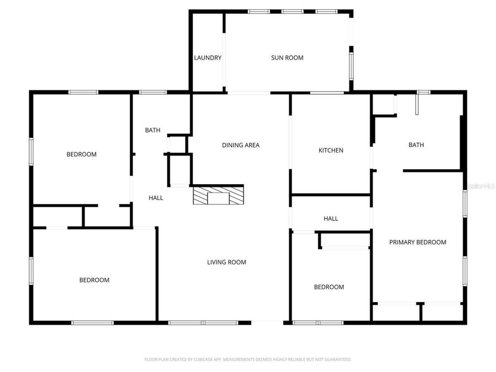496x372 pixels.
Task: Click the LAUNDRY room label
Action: (208, 58)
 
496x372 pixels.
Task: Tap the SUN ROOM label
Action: (287, 58)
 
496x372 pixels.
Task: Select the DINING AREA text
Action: (240, 145)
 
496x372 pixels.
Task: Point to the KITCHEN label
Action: (331, 150)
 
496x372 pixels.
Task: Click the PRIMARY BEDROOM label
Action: (418, 242)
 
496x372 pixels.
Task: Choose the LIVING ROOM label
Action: (227, 262)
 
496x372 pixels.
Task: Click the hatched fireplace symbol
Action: (217, 196)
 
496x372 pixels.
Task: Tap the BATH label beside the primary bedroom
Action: (416, 145)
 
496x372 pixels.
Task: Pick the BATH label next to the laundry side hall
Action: (153, 131)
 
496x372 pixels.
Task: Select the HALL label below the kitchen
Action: (331, 219)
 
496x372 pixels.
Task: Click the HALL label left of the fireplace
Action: (156, 198)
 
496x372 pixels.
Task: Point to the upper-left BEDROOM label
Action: (82, 154)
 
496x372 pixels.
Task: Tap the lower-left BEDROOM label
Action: (94, 280)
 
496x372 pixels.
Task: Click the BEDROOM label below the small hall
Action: (329, 287)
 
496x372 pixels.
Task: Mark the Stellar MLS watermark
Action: (481, 186)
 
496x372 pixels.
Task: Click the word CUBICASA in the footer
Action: (203, 359)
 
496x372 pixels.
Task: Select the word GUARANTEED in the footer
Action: (337, 359)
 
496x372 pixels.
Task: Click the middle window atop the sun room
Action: (292, 12)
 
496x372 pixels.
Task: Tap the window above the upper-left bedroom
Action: (83, 92)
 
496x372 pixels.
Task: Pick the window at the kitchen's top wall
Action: (327, 93)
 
